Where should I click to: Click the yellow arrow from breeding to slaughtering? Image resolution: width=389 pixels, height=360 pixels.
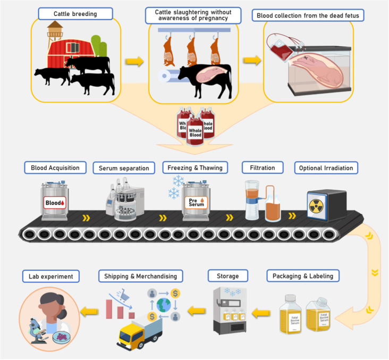click(x=134, y=61)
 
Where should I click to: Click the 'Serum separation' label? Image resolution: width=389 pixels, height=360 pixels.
click(x=123, y=168)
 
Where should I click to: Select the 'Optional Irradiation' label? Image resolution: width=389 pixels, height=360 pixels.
click(x=326, y=168)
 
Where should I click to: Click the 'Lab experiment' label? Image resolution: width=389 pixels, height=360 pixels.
click(x=51, y=276)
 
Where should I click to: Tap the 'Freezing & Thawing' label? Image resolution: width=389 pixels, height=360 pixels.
click(x=195, y=168)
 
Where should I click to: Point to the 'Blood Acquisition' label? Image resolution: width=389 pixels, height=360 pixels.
click(x=55, y=168)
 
